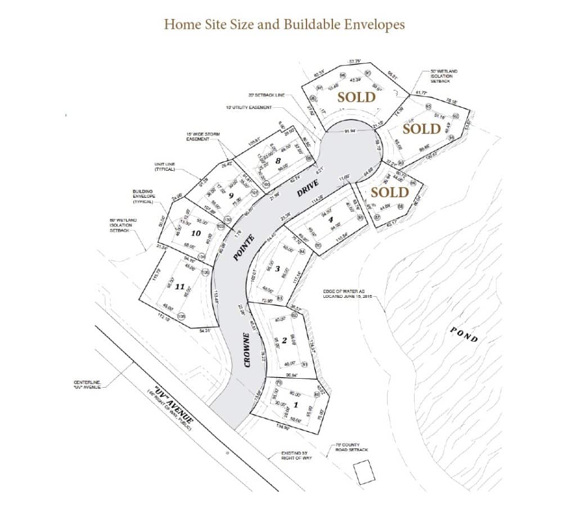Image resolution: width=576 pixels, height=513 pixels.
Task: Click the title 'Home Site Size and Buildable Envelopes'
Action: (284, 25)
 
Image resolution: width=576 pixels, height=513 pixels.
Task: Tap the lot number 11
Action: (180, 287)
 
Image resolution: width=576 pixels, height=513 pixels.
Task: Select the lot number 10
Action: (196, 233)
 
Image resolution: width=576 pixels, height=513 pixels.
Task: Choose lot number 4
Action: (331, 220)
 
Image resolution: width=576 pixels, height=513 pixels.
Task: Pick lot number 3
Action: (277, 269)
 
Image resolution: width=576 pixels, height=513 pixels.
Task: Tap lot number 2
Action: (284, 340)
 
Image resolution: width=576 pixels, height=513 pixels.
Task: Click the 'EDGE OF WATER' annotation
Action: (348, 293)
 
